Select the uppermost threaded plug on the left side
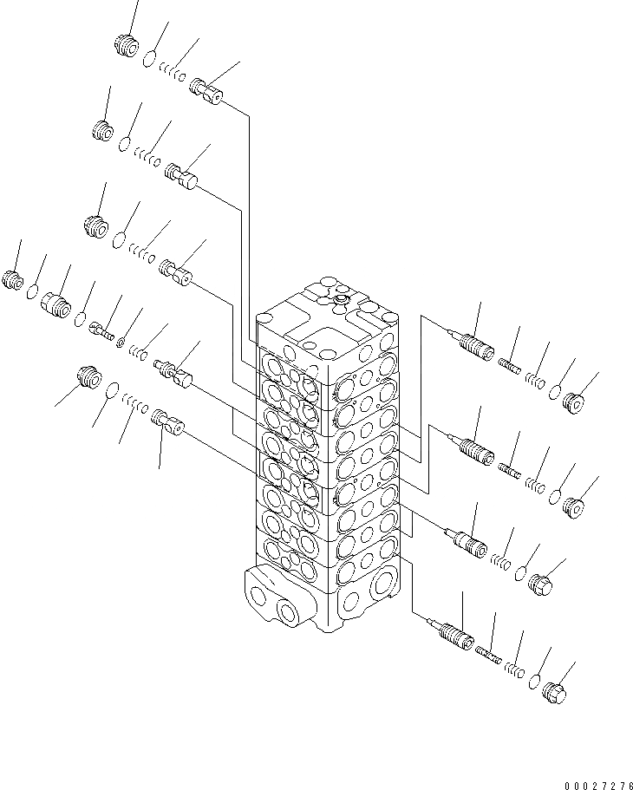point(127,46)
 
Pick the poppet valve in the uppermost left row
point(206,88)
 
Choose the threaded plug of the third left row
point(96,226)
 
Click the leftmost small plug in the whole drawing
point(13,279)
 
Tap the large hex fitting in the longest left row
point(56,303)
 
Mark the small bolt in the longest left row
point(101,329)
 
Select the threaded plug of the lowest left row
point(88,379)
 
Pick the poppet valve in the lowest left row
point(167,424)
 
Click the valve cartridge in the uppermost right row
point(473,345)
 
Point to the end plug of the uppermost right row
point(573,401)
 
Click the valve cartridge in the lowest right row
point(454,638)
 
